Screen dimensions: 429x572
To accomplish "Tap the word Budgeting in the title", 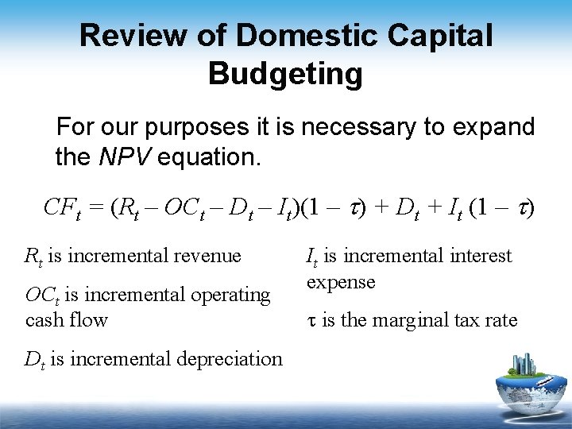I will coord(285,74).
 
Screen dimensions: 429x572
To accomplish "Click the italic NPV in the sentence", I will coord(126,157).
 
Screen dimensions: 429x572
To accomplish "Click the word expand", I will coord(496,127).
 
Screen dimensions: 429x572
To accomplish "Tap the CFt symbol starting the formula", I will coord(64,209).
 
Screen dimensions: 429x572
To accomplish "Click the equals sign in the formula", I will coord(99,209).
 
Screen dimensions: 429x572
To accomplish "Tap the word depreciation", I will coord(231,359).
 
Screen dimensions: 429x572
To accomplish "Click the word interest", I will coord(481,256).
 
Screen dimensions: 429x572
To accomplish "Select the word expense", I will coord(341,282).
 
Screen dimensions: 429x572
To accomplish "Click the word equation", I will coord(209,157).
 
